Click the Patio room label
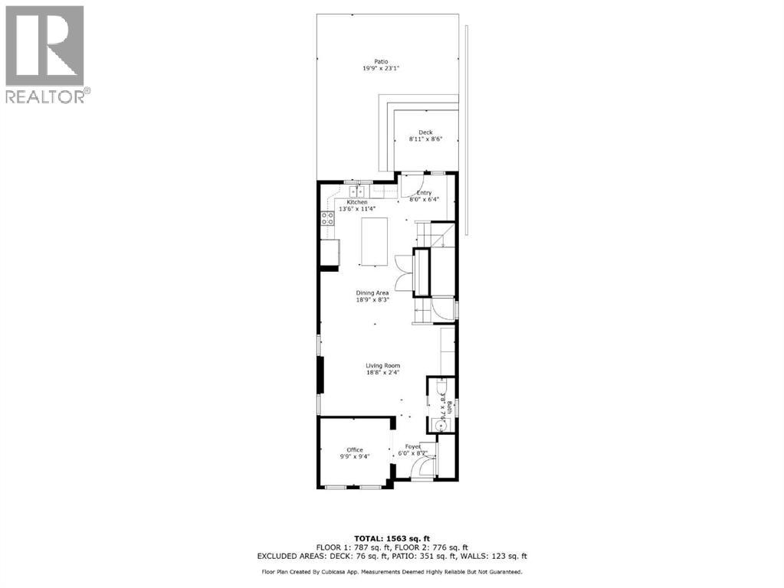(x=381, y=61)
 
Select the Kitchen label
(x=346, y=202)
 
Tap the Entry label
(x=424, y=193)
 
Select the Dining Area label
(x=372, y=292)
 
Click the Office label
(x=354, y=450)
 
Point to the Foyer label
(x=413, y=446)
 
